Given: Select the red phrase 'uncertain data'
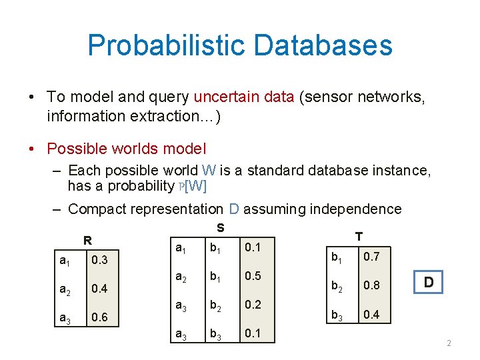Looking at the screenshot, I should (244, 97).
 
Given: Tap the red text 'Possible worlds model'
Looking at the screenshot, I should (127, 149).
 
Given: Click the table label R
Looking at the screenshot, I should (87, 241).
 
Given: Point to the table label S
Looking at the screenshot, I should (221, 228).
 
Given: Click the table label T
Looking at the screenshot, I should (359, 236).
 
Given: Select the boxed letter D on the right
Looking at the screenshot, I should (429, 283).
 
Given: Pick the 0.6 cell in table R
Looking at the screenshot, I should (101, 318).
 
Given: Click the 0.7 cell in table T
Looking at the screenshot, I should (371, 257).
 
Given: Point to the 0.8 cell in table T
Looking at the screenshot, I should (371, 285).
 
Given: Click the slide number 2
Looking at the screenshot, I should (449, 343).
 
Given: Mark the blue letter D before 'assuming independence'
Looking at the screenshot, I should (234, 209).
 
